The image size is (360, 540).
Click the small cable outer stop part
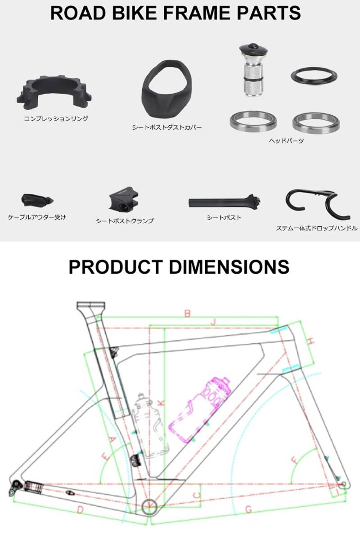36,200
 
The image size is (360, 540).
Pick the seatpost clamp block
123,200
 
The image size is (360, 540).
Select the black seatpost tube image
224,202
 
